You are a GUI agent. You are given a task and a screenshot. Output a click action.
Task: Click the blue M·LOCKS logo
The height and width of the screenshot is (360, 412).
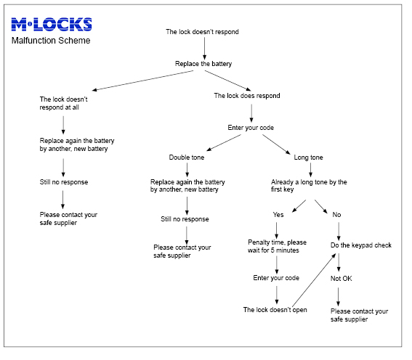point(52,25)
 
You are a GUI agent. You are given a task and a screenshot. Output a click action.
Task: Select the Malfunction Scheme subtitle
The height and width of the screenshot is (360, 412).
point(51,41)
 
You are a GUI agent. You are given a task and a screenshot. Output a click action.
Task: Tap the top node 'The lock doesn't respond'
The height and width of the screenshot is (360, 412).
point(202,32)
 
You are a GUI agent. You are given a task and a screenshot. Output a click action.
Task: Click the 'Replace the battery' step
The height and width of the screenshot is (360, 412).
point(203,64)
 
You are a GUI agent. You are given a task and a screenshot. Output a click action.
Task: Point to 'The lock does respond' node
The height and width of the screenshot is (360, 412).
point(247,96)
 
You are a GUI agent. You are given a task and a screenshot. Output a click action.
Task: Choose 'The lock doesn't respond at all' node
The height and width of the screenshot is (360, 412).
point(64,103)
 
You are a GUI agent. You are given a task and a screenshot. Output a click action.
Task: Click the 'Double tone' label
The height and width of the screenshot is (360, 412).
point(187,157)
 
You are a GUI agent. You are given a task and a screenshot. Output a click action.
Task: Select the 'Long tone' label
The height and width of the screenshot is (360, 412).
point(309,157)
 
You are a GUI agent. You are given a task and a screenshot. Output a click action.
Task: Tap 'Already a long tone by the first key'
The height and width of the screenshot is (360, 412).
point(309,186)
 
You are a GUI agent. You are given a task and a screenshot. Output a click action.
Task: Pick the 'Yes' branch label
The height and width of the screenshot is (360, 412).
point(278,215)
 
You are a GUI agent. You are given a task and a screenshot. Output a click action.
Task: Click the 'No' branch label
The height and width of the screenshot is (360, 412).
point(336,215)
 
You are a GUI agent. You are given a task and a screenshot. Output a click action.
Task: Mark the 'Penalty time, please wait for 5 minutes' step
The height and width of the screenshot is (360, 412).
point(277,246)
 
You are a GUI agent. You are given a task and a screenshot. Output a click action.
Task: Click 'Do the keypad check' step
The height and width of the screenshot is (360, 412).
point(361,245)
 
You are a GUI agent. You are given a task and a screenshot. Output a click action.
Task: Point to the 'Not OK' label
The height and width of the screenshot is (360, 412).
point(341,279)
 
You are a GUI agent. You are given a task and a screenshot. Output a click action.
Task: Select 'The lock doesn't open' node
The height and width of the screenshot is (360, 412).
point(275,310)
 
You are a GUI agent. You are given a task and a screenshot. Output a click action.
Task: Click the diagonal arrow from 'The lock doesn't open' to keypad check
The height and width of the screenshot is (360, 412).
point(314,279)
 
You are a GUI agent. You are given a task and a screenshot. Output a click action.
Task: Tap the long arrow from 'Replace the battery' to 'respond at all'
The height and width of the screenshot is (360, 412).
point(142,81)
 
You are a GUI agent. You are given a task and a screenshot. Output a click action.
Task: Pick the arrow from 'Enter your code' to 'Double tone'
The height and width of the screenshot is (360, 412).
point(224,143)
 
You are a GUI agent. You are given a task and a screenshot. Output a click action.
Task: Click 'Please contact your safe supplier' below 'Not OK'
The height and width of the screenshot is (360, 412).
point(359,316)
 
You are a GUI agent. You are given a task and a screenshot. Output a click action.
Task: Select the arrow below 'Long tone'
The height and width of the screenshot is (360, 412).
point(310,170)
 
